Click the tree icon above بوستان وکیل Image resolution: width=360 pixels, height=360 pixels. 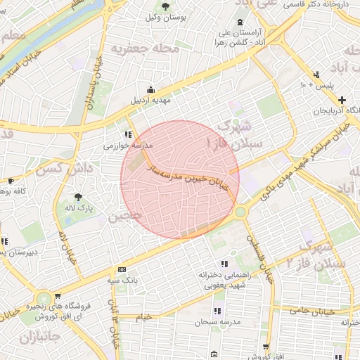coord(165,6)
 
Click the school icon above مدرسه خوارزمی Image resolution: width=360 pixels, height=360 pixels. coord(127,134)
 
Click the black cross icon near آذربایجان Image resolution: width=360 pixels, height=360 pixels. coord(342,101)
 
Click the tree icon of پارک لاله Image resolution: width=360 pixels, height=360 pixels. coord(77,197)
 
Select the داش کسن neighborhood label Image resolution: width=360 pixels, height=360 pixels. coord(64,169)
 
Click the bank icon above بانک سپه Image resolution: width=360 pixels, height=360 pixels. coord(122,270)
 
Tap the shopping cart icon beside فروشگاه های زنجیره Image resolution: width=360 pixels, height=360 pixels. coord(58,297)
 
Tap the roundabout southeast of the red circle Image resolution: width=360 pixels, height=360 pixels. coord(240,211)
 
